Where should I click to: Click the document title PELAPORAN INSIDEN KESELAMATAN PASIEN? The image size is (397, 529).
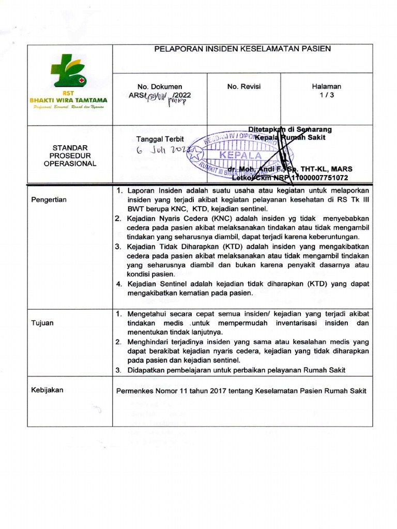tap(242, 49)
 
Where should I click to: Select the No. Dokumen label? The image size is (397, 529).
tap(159, 87)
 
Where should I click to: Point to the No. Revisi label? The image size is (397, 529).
tap(243, 87)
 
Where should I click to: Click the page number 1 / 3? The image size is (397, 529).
tap(326, 96)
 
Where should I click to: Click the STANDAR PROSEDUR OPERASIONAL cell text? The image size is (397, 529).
tap(70, 155)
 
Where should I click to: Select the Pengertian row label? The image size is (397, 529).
tap(49, 199)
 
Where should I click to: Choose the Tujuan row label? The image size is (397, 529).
tap(43, 323)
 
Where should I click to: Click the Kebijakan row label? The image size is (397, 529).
tap(48, 390)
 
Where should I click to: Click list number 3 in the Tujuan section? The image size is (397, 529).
tap(118, 369)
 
